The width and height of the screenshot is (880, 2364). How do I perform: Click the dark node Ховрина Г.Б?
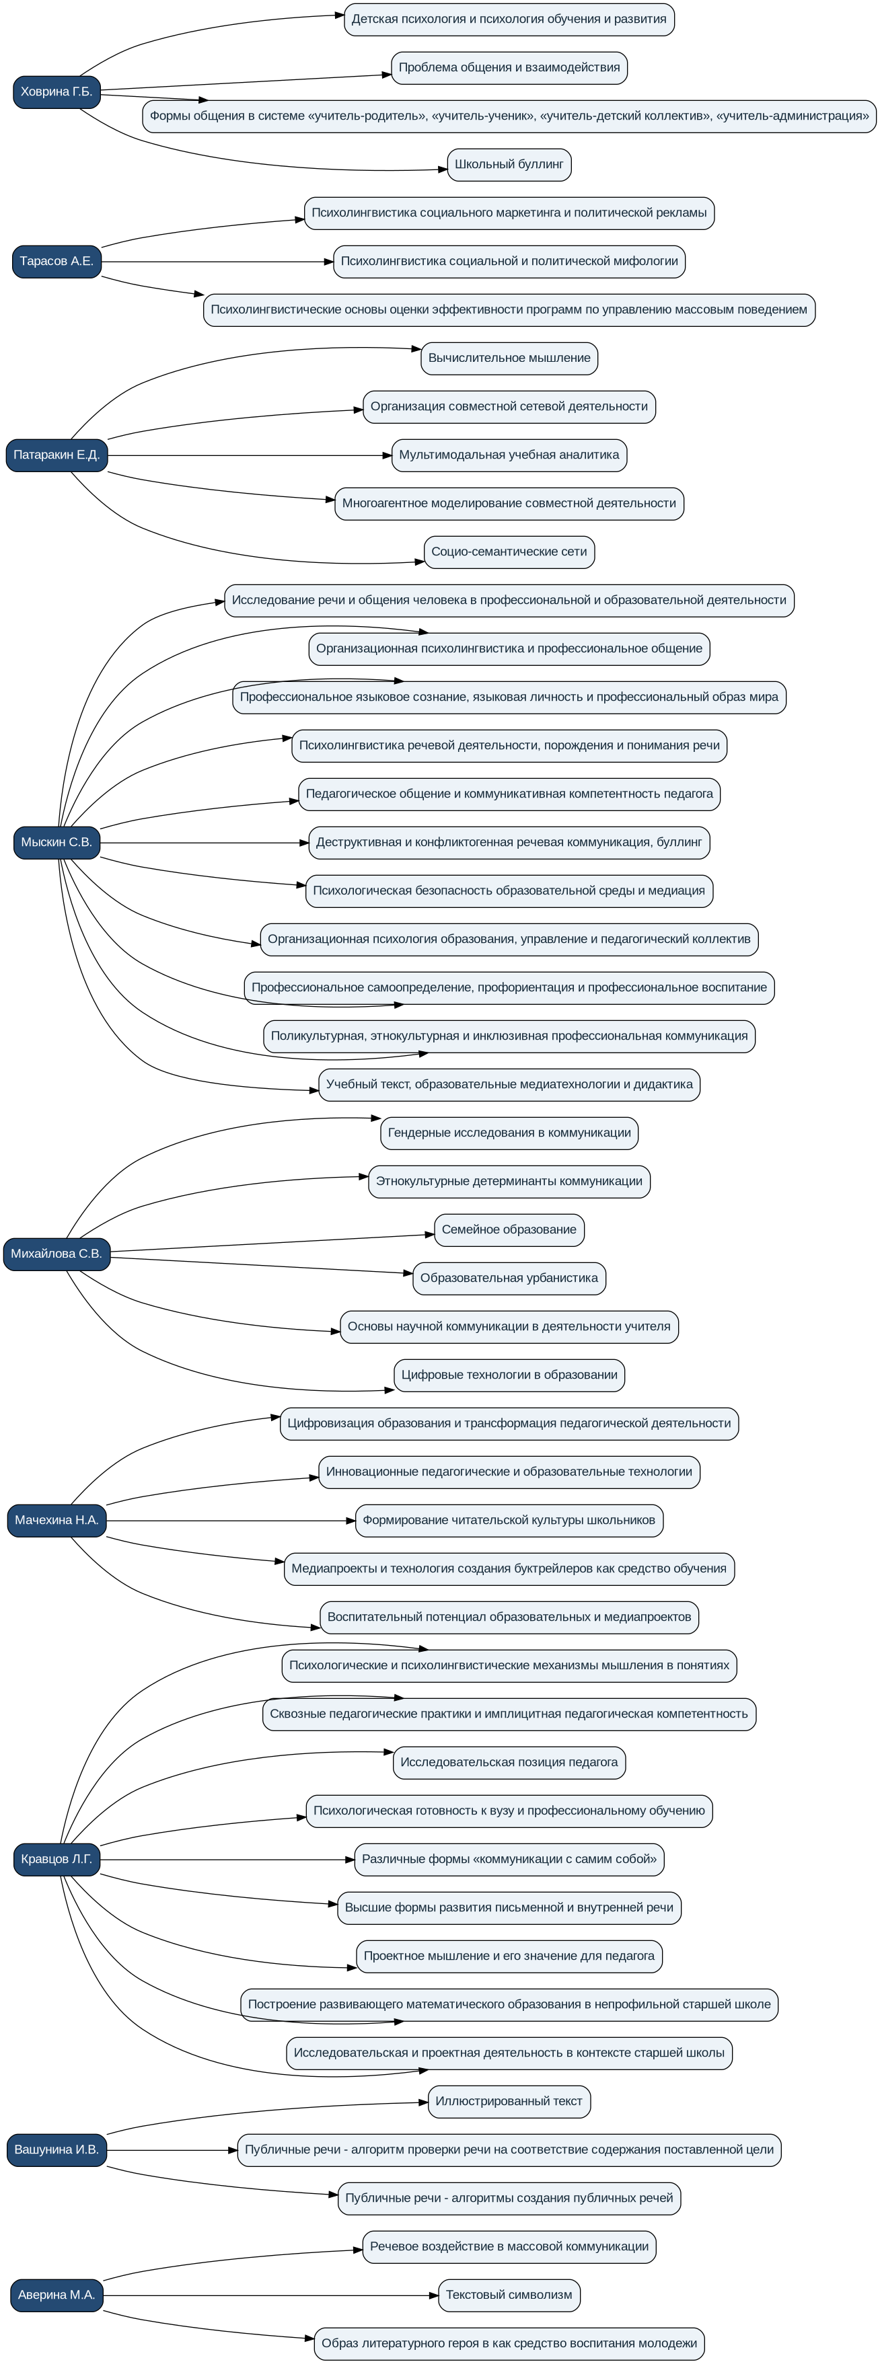coord(56,91)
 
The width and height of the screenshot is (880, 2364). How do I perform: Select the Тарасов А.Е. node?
coord(56,262)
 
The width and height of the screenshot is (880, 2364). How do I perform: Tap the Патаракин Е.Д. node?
coord(56,455)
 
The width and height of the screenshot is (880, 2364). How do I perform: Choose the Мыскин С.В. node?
coord(56,843)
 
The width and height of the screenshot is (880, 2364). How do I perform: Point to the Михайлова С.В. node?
coord(56,1254)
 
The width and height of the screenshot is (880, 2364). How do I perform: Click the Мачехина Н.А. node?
coord(56,1521)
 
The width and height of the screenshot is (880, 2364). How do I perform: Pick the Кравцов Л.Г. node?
coord(56,1860)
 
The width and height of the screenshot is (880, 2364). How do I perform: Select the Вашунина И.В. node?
coord(56,2150)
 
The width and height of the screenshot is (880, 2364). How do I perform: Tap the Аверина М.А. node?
coord(56,2295)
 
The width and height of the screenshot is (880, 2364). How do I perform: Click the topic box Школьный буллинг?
coord(509,165)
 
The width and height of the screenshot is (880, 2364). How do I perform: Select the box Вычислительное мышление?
coord(509,359)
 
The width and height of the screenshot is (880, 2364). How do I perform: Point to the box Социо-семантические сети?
coord(509,552)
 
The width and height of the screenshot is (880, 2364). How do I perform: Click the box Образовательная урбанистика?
coord(509,1279)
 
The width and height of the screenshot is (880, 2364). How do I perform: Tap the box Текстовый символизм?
coord(509,2295)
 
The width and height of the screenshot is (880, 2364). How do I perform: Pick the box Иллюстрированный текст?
coord(509,2102)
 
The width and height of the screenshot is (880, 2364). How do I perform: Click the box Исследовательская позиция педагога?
coord(509,1763)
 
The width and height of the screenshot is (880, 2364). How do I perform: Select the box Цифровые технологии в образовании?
coord(509,1375)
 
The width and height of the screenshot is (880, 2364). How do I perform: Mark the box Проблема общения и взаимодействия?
coord(509,68)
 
